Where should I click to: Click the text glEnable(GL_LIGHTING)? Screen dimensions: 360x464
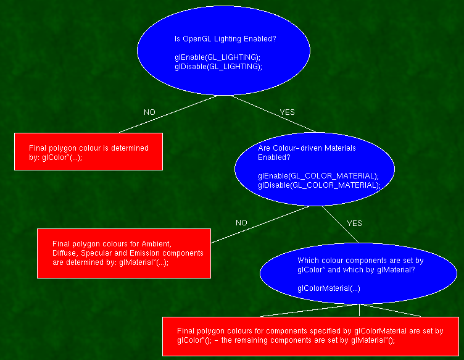[x=218, y=57]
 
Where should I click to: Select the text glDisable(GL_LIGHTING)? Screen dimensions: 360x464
[x=218, y=67]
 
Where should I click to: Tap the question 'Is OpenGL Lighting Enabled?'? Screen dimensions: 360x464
[x=225, y=39]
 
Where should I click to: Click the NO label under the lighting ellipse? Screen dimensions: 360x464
[x=149, y=112]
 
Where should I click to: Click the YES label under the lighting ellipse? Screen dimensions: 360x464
[x=288, y=112]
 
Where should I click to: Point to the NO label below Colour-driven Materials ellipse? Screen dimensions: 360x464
[x=241, y=223]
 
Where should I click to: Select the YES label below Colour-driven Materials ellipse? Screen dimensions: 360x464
[x=355, y=223]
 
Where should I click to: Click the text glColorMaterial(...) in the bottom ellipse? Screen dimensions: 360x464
[x=329, y=288]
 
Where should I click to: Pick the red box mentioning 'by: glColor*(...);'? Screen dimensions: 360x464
[x=88, y=152]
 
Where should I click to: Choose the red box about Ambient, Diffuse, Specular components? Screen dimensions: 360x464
[x=124, y=253]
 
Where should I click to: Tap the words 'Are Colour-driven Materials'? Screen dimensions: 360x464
[x=307, y=148]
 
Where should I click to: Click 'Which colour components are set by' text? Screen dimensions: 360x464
[x=360, y=261]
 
